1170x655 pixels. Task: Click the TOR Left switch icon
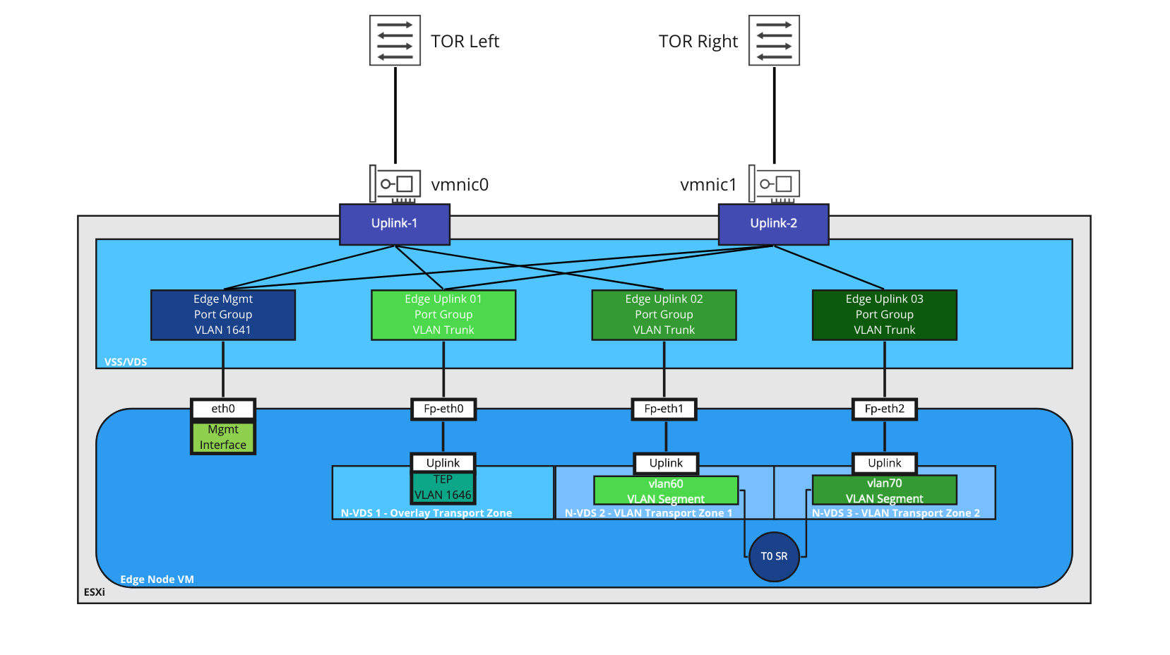coord(395,40)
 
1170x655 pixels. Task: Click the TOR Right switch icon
coord(774,40)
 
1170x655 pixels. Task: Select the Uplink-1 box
coord(394,224)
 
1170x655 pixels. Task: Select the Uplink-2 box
coord(773,224)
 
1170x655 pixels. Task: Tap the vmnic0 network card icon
coord(395,184)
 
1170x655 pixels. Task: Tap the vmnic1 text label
coord(708,185)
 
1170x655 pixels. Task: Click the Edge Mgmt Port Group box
coord(223,315)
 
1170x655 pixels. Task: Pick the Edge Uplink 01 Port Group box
coord(443,315)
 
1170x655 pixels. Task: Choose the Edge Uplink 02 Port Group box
coord(664,315)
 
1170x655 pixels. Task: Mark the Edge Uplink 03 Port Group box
coord(884,315)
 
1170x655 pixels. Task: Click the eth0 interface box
coord(223,409)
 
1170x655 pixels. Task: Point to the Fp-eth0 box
coord(443,409)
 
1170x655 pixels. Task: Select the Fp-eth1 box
coord(664,409)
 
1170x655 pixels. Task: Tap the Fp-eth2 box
coord(884,409)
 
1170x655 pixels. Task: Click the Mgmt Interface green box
coord(223,438)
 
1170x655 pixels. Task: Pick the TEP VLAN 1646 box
coord(443,488)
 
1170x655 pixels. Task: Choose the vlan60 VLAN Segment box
coord(665,491)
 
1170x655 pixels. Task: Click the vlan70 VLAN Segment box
coord(884,490)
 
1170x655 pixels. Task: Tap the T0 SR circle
coord(774,556)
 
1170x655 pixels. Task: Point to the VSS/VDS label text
coord(126,362)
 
